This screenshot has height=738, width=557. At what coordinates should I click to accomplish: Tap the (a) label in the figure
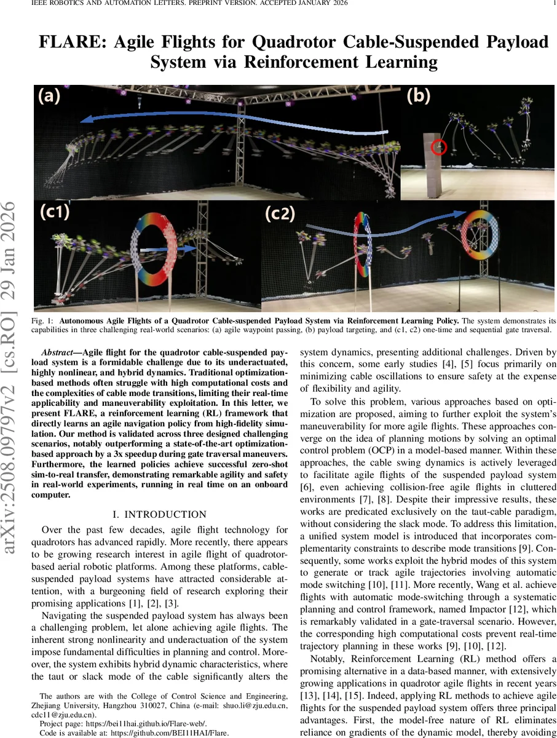pos(49,96)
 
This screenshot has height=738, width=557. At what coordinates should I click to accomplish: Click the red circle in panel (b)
pos(438,147)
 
